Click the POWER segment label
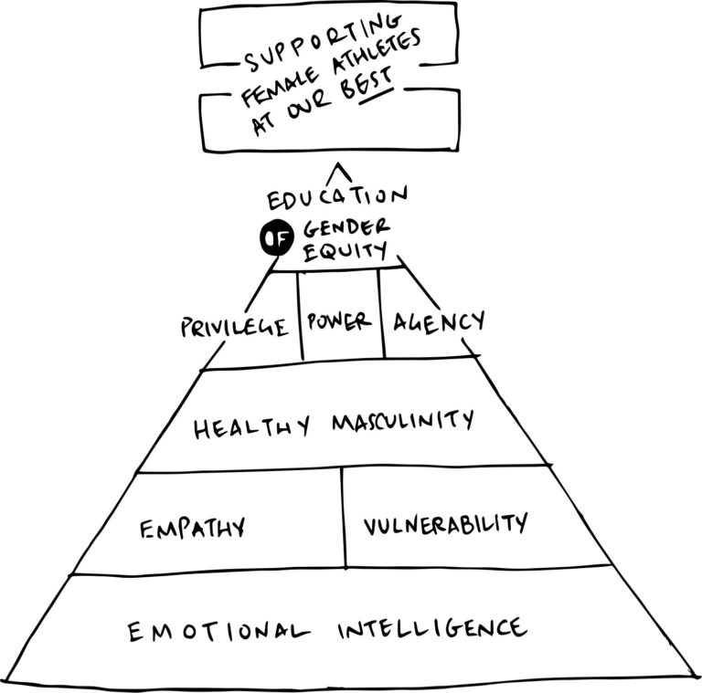point(339,321)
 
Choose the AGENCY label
point(438,321)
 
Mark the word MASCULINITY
point(403,422)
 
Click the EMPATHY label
point(192,528)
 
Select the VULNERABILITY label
point(444,524)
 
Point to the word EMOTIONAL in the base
point(214,631)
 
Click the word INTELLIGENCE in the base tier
point(431,628)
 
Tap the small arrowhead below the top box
point(340,171)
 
